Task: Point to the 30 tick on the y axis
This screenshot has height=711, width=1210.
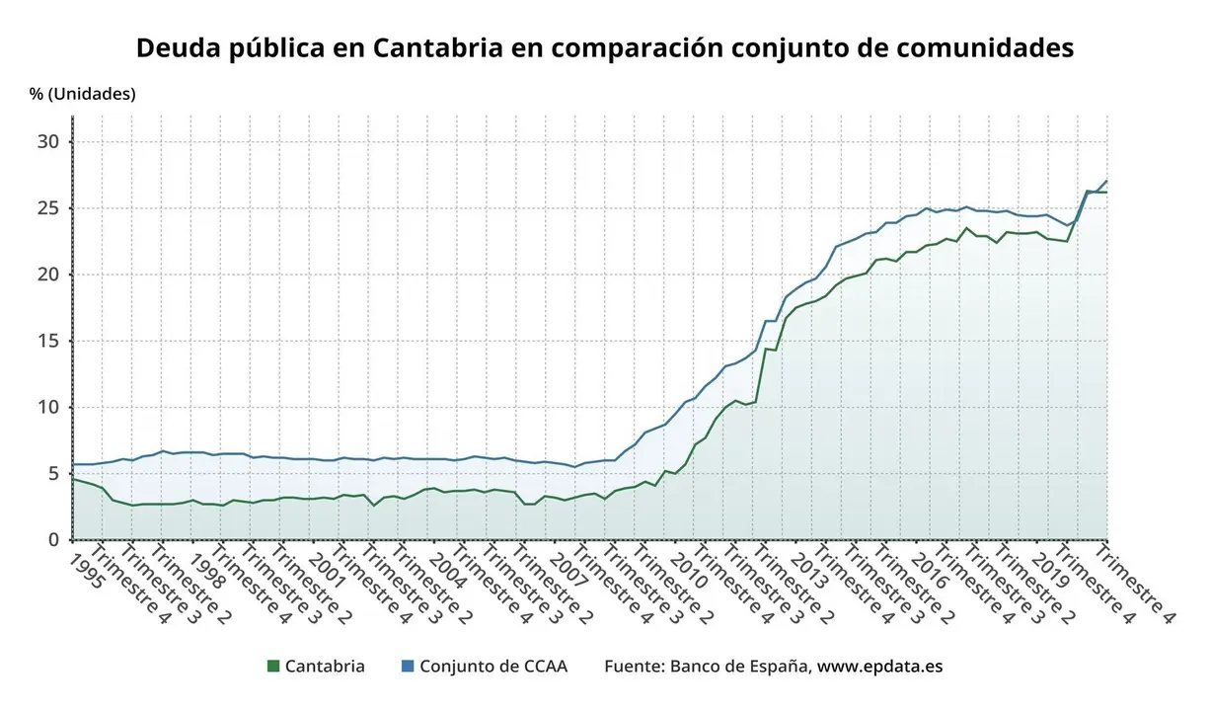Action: [49, 141]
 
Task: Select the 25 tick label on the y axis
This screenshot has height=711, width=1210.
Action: [49, 208]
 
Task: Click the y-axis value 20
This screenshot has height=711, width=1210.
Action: [49, 275]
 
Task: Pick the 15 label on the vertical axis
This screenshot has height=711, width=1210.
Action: [49, 341]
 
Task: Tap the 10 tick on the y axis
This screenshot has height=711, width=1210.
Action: [49, 407]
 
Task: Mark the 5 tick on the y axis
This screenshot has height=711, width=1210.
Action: [54, 473]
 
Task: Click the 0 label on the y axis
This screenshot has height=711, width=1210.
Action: [54, 539]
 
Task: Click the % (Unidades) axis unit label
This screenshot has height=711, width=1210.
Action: [83, 94]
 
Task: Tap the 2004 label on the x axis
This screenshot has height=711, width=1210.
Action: [448, 570]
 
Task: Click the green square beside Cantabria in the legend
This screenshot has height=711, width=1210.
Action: [273, 667]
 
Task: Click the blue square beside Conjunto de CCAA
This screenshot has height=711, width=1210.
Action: [408, 667]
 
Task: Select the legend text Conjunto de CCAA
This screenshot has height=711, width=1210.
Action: [493, 667]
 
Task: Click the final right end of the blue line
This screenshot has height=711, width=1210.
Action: [1106, 182]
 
